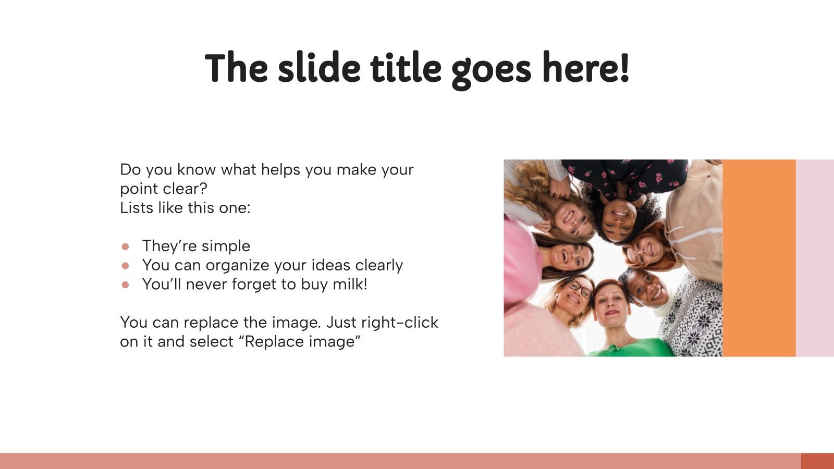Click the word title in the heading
[x=406, y=68]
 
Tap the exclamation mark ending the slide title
[x=624, y=68]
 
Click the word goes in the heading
[x=492, y=71]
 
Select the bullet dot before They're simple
[x=126, y=246]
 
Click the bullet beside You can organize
[x=126, y=266]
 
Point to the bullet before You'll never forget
[x=126, y=285]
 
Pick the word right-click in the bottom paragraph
[x=400, y=323]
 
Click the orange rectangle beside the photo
[x=759, y=258]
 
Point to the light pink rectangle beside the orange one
[x=815, y=258]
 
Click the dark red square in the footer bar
[x=818, y=461]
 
